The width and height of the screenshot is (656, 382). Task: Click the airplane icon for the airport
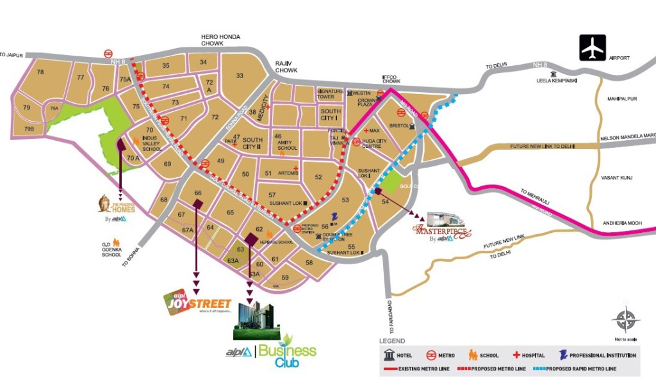click(x=593, y=48)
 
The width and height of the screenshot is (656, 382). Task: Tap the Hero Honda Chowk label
click(x=221, y=40)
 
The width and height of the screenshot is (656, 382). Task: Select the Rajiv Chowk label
click(x=283, y=67)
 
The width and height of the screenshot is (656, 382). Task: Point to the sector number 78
click(x=40, y=72)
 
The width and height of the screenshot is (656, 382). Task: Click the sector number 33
click(x=240, y=76)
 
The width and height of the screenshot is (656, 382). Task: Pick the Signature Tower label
click(x=330, y=95)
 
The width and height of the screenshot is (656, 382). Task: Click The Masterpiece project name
click(x=441, y=232)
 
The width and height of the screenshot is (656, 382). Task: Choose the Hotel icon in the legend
click(x=389, y=355)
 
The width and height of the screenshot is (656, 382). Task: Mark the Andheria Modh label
click(x=621, y=223)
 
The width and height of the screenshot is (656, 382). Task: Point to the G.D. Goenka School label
click(x=111, y=250)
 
